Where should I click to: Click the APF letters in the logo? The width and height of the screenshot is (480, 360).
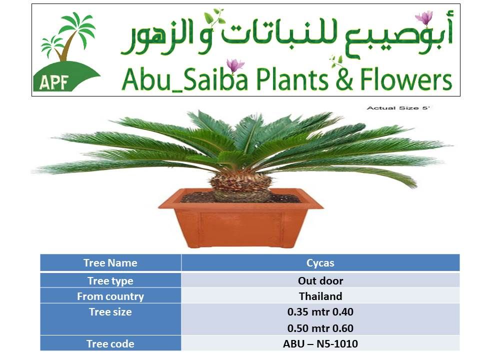[x=53, y=81]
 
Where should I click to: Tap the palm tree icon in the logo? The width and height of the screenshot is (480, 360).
[x=68, y=36]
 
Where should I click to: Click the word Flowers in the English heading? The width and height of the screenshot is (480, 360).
[x=406, y=79]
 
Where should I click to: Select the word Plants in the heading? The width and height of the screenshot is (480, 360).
[x=292, y=79]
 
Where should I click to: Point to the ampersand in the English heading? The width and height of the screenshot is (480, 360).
[x=344, y=80]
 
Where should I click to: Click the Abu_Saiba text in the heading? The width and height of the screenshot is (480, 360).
[x=184, y=79]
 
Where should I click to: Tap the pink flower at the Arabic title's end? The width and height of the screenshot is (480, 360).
[x=424, y=18]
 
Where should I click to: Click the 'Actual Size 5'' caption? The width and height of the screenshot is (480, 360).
[x=398, y=108]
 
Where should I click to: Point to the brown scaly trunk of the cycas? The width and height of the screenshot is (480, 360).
[x=240, y=186]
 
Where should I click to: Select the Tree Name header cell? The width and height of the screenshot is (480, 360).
[x=110, y=262]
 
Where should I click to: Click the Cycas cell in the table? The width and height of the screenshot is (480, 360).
[x=320, y=263]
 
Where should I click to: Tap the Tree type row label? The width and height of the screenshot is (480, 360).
[x=110, y=280]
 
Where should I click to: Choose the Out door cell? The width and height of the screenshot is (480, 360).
[x=320, y=280]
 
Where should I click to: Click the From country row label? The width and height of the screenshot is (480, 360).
[x=110, y=296]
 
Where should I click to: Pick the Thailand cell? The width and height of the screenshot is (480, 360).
[x=320, y=296]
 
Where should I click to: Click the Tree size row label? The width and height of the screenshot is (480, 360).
[x=110, y=311]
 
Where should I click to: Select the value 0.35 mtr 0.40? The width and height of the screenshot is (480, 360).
[x=320, y=312]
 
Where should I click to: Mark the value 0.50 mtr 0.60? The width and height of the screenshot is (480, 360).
[x=320, y=328]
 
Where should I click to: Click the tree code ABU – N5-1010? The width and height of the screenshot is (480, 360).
[x=320, y=344]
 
